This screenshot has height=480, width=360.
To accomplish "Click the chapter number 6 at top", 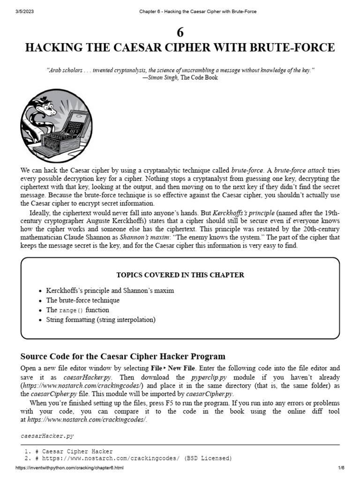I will click(180, 32).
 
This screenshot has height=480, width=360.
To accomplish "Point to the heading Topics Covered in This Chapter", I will click(180, 275).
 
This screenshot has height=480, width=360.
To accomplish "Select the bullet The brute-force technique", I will click(82, 300).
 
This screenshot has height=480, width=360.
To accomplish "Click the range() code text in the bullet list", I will click(71, 310).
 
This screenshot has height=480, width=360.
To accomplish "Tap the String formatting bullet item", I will click(100, 320).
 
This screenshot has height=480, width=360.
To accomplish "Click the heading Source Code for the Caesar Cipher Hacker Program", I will click(123, 356).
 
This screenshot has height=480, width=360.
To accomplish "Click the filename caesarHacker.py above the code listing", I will click(47, 436).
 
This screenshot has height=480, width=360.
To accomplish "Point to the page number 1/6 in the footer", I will click(341, 469).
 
